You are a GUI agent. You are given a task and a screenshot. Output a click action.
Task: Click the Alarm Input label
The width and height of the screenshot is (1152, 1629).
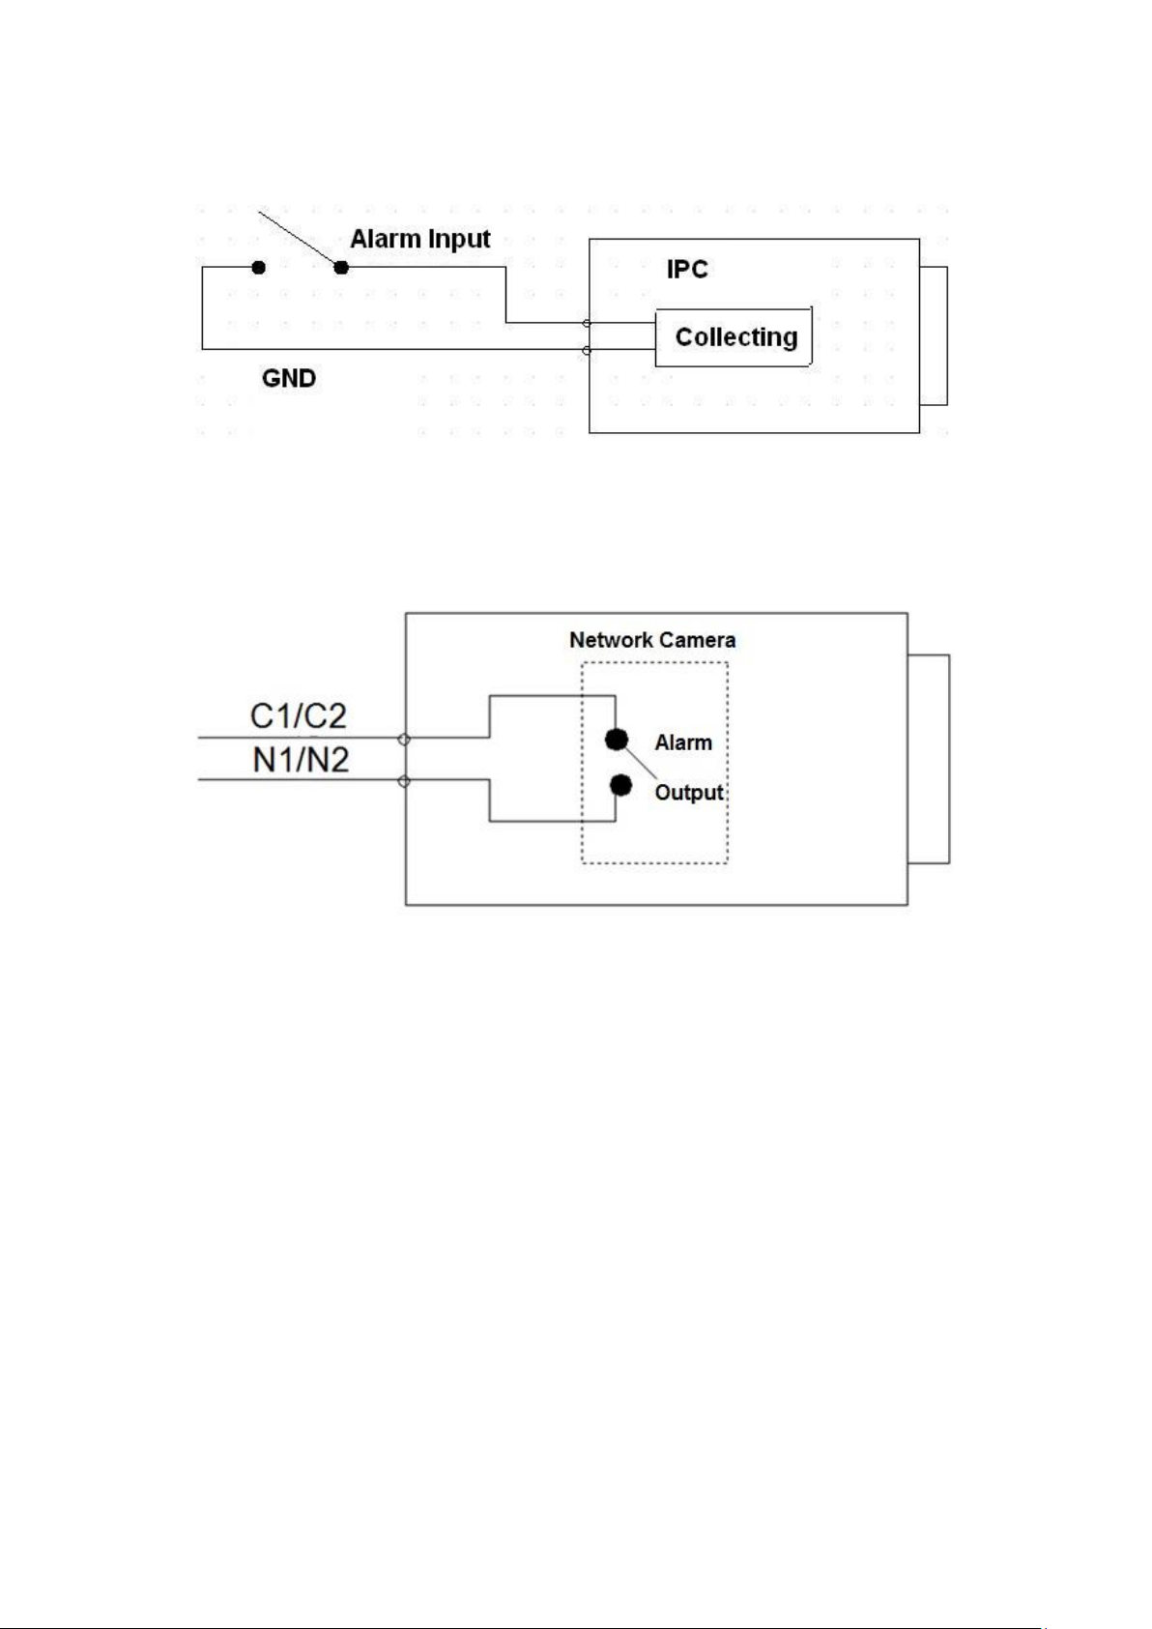420,239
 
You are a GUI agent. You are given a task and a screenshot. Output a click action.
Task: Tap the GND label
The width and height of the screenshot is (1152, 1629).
289,378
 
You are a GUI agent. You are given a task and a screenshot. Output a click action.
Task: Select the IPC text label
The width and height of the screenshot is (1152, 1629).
687,269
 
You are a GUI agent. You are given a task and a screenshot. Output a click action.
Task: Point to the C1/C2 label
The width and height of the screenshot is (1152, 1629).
298,716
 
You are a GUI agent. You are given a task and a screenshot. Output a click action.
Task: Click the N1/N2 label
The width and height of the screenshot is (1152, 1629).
301,760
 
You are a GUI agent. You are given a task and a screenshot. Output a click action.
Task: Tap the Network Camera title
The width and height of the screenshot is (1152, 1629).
652,640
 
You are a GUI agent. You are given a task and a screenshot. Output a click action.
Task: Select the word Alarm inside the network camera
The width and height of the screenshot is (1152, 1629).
683,742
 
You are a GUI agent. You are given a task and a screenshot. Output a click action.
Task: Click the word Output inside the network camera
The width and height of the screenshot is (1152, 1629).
689,792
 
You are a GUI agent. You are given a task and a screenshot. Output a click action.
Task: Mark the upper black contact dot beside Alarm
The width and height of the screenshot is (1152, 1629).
617,741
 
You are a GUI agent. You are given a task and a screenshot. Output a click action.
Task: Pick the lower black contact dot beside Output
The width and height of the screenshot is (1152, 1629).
620,785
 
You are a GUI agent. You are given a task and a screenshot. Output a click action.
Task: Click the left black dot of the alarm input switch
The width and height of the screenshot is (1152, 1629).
258,268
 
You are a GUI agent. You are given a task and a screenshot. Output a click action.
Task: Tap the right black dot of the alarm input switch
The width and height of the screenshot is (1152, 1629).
341,268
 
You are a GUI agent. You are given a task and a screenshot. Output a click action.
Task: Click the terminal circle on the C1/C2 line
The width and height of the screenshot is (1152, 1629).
404,740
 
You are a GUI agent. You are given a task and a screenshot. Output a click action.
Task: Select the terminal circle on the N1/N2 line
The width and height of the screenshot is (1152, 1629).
404,781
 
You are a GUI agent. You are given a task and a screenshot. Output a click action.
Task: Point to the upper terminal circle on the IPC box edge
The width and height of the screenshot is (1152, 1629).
588,323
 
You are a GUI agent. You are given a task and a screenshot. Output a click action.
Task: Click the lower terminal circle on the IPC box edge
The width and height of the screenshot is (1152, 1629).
588,351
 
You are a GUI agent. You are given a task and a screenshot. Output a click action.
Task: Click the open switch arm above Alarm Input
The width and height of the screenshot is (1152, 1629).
301,239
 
